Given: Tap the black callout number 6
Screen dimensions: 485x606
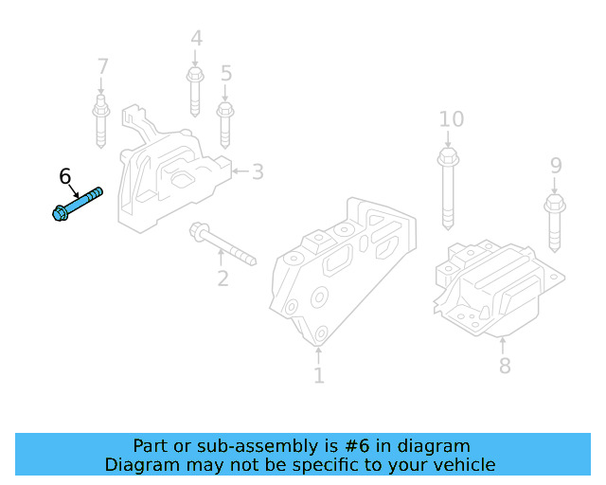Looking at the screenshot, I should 64,176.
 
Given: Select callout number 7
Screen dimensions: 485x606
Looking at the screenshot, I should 102,67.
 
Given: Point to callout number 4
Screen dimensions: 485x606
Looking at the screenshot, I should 196,40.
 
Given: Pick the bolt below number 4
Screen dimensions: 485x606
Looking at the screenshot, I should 195,90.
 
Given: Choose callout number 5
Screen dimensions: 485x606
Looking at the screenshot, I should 225,73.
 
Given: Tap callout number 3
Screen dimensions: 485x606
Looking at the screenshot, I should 258,171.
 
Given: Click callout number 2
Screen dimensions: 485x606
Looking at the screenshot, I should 223,278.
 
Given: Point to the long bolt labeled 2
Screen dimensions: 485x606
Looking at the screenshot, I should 223,242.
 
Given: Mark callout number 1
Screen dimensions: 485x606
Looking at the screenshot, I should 318,376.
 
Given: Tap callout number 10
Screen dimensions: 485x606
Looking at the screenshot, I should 451,119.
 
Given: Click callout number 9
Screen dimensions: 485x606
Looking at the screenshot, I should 556,167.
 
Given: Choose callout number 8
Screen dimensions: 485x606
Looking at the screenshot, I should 505,365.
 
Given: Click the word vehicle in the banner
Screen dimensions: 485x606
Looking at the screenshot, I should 461,465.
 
